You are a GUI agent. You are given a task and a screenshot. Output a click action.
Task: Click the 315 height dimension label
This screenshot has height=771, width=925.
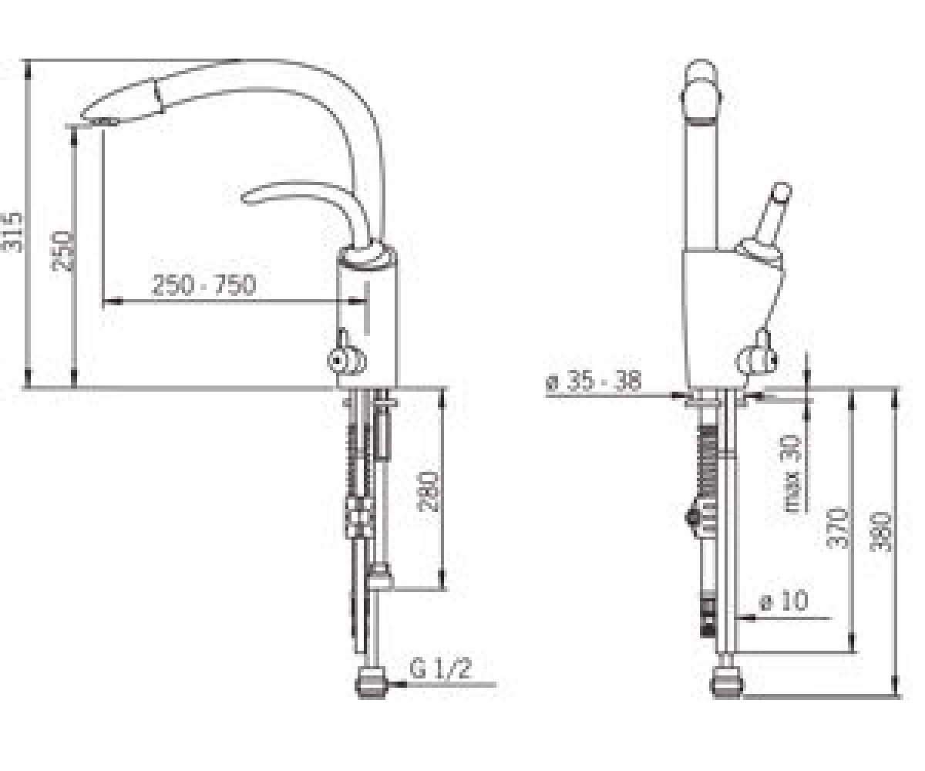(12, 232)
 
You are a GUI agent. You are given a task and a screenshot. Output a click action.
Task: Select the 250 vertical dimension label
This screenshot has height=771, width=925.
(61, 251)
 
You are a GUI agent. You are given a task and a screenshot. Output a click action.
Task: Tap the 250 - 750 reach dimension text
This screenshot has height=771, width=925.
(204, 285)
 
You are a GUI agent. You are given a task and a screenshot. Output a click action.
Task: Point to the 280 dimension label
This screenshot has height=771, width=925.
(429, 491)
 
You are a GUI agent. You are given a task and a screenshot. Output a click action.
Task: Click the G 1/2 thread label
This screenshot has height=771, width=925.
(440, 668)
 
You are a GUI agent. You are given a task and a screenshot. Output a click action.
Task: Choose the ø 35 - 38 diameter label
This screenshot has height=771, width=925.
(594, 381)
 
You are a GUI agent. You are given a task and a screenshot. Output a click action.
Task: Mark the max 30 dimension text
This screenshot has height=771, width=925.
(792, 473)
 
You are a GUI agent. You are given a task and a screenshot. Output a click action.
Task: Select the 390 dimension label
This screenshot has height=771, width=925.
(881, 532)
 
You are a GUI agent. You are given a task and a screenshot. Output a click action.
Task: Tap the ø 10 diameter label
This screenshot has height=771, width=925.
(784, 601)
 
